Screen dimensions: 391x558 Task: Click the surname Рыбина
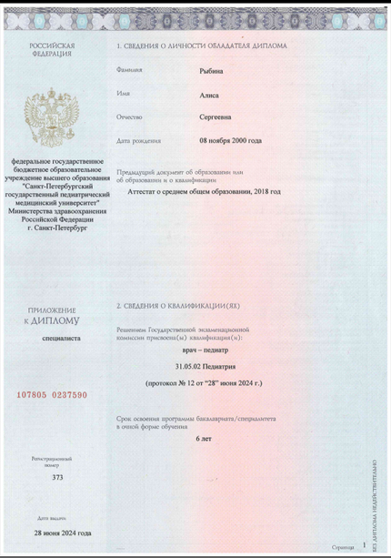click(x=212, y=69)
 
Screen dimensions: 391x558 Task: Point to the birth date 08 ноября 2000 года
click(x=230, y=140)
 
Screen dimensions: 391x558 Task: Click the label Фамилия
click(x=130, y=70)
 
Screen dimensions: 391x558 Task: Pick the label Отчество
click(x=131, y=117)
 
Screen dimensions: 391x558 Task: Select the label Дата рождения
click(x=139, y=141)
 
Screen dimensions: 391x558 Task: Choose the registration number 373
click(x=58, y=476)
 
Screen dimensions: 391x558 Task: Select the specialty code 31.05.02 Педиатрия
click(x=203, y=366)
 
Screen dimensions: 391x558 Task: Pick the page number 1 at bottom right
click(x=363, y=543)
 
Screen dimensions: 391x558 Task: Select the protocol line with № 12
click(x=203, y=384)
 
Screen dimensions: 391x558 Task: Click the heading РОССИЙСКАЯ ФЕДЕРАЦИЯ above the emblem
click(x=52, y=48)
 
